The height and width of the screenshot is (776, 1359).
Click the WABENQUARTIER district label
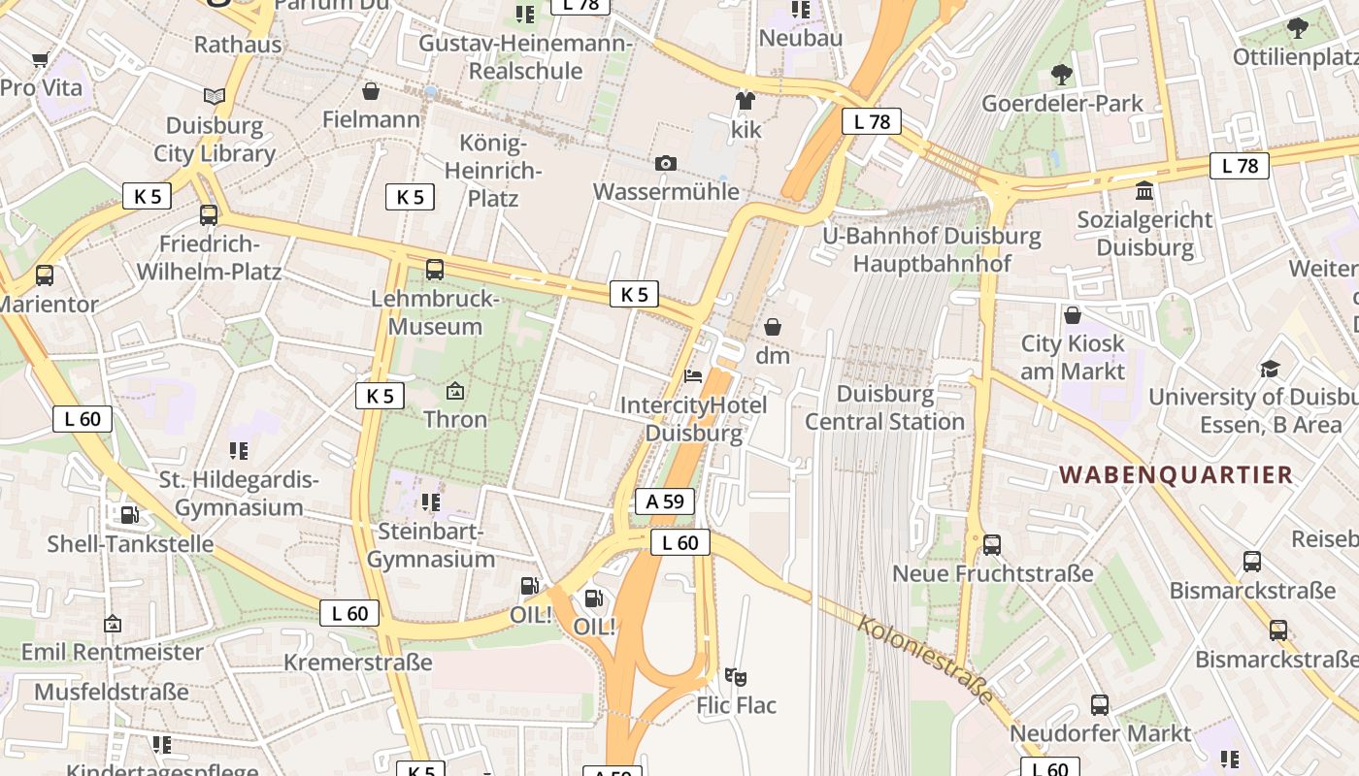tap(1176, 474)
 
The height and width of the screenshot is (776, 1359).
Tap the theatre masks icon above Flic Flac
tap(736, 676)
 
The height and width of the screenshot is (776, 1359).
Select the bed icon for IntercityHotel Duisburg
tap(693, 375)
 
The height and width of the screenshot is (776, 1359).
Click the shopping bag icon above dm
tap(773, 327)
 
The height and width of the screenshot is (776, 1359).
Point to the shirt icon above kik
tap(746, 100)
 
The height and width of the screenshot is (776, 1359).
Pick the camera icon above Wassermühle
tap(666, 163)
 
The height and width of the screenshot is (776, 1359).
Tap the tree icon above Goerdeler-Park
tap(1062, 74)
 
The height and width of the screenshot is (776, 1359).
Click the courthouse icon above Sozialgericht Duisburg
tap(1144, 190)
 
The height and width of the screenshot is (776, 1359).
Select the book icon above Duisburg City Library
tap(215, 96)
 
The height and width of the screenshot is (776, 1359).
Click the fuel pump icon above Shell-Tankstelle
tap(130, 514)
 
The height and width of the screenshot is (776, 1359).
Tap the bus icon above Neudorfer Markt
tap(1100, 704)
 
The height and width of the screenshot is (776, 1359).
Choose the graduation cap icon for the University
tap(1270, 369)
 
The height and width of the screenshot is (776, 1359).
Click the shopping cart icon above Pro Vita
tap(41, 60)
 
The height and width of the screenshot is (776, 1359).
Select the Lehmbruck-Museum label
tap(435, 312)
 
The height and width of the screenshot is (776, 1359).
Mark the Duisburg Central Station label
tap(884, 407)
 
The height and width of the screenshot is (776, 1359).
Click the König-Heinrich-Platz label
tap(493, 171)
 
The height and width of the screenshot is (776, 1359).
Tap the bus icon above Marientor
tap(45, 275)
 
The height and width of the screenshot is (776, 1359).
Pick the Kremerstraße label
tap(357, 663)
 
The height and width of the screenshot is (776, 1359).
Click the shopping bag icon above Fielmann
tap(371, 91)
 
